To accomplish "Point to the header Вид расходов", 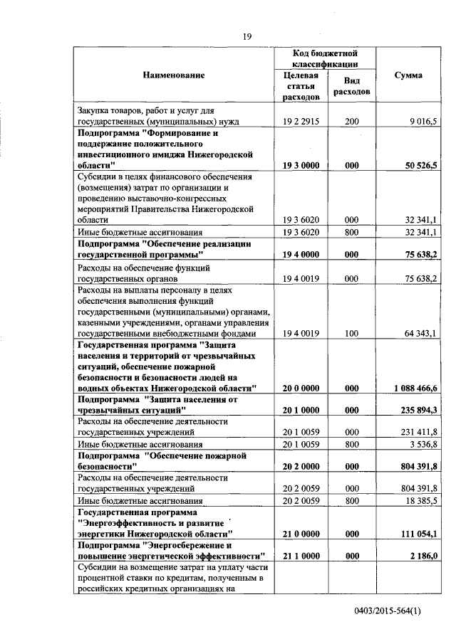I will tap(351, 87).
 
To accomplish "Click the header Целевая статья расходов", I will tap(300, 85).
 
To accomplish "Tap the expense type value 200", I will tap(351, 122).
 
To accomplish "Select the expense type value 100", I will tap(351, 333).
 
